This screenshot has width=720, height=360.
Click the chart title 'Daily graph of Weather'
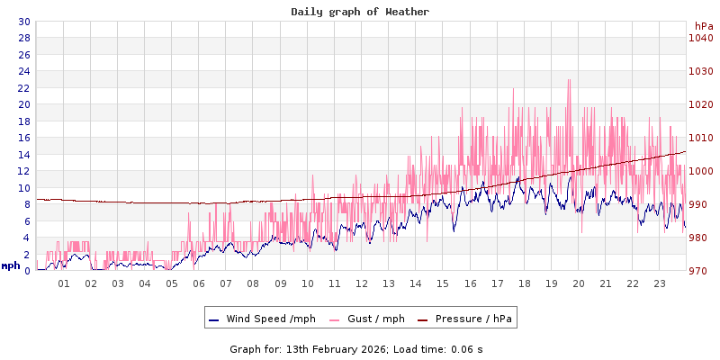pyautogui.click(x=360, y=12)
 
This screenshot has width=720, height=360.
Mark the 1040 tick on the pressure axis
pyautogui.click(x=701, y=38)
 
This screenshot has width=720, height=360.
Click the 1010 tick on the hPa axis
pyautogui.click(x=701, y=138)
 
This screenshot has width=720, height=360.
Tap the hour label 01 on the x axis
pyautogui.click(x=64, y=283)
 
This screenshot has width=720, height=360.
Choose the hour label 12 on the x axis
pyautogui.click(x=362, y=283)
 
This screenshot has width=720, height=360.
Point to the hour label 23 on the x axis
pyautogui.click(x=660, y=283)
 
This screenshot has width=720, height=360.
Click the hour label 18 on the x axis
pyautogui.click(x=524, y=283)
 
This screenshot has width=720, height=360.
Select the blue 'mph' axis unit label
pyautogui.click(x=10, y=265)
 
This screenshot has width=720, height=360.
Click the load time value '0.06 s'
pyautogui.click(x=466, y=348)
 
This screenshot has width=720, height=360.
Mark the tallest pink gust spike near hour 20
pyautogui.click(x=569, y=81)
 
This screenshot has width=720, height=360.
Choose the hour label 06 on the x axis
pyautogui.click(x=199, y=283)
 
